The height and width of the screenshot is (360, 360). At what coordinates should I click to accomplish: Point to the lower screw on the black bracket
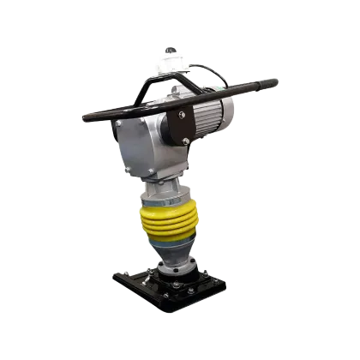coord(182,137)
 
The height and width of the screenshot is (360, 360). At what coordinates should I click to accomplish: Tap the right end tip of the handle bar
coord(275,81)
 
